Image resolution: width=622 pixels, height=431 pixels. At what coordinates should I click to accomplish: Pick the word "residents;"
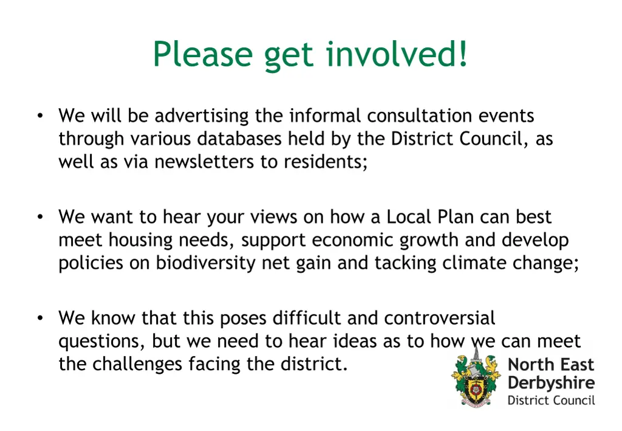[326, 163]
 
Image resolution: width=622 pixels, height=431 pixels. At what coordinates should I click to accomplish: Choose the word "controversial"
[440, 318]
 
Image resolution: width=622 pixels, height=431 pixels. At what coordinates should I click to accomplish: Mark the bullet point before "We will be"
[39, 116]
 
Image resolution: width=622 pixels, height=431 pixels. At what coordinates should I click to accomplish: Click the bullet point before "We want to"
[39, 217]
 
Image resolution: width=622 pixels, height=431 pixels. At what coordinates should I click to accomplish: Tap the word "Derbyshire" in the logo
[551, 383]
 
